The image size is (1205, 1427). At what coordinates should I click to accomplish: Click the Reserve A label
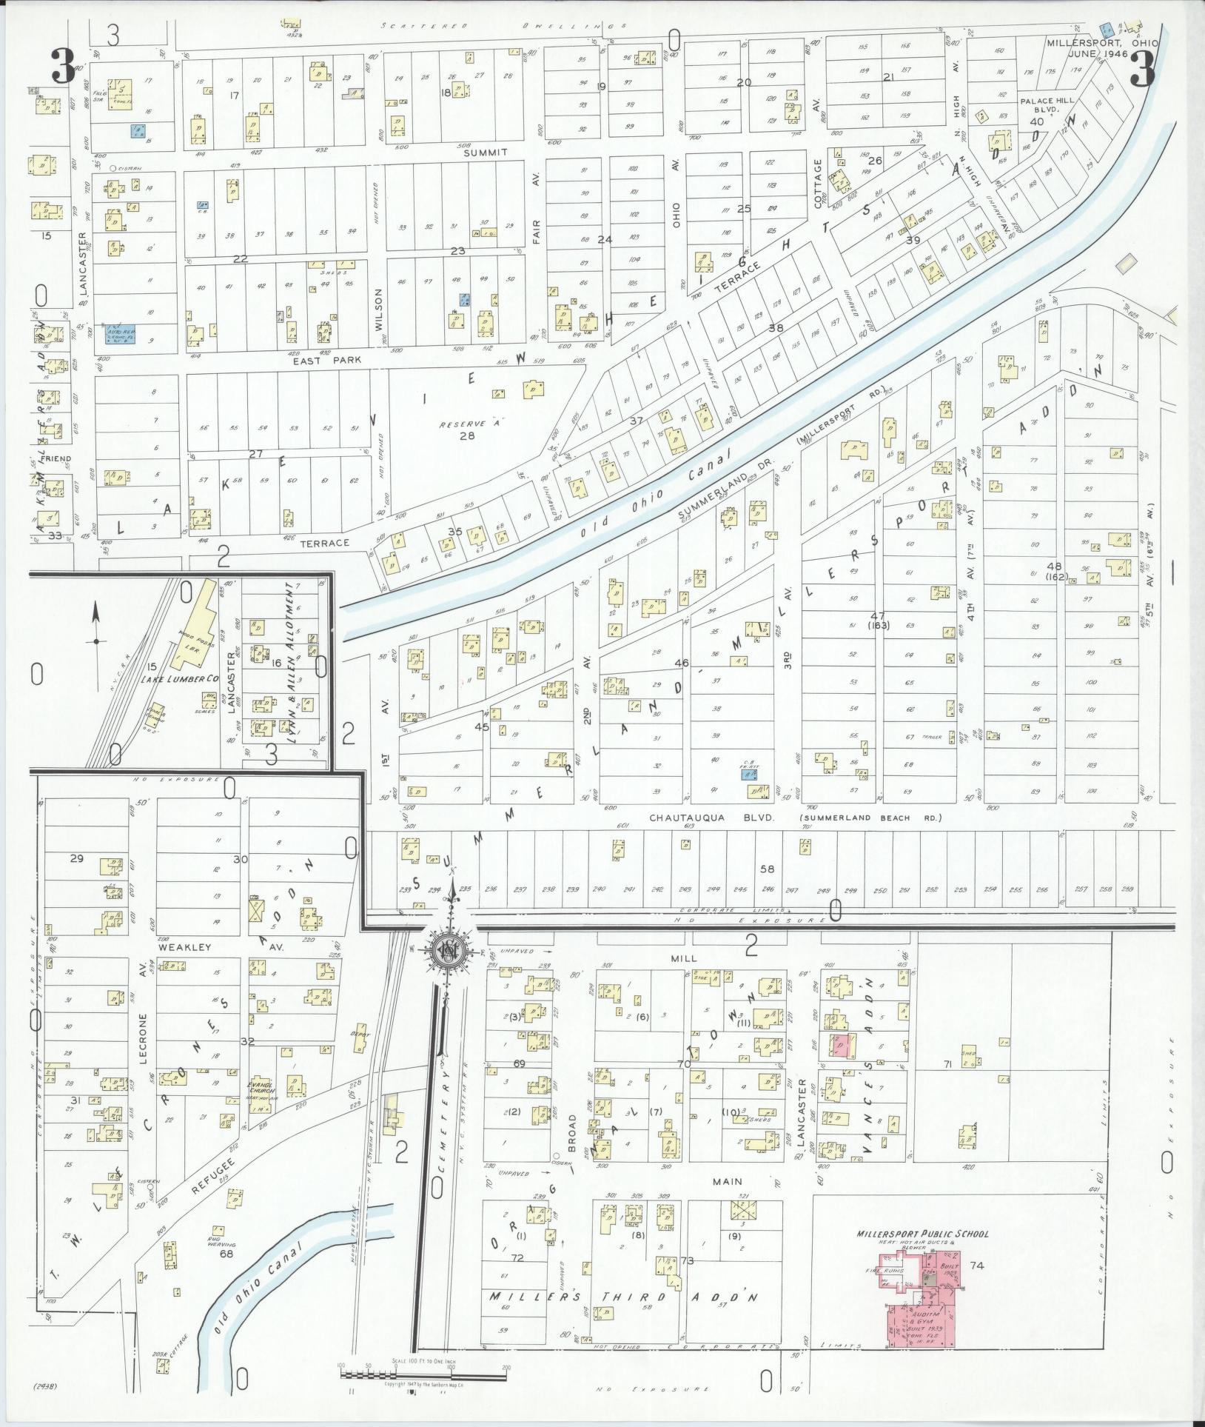click(x=464, y=424)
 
